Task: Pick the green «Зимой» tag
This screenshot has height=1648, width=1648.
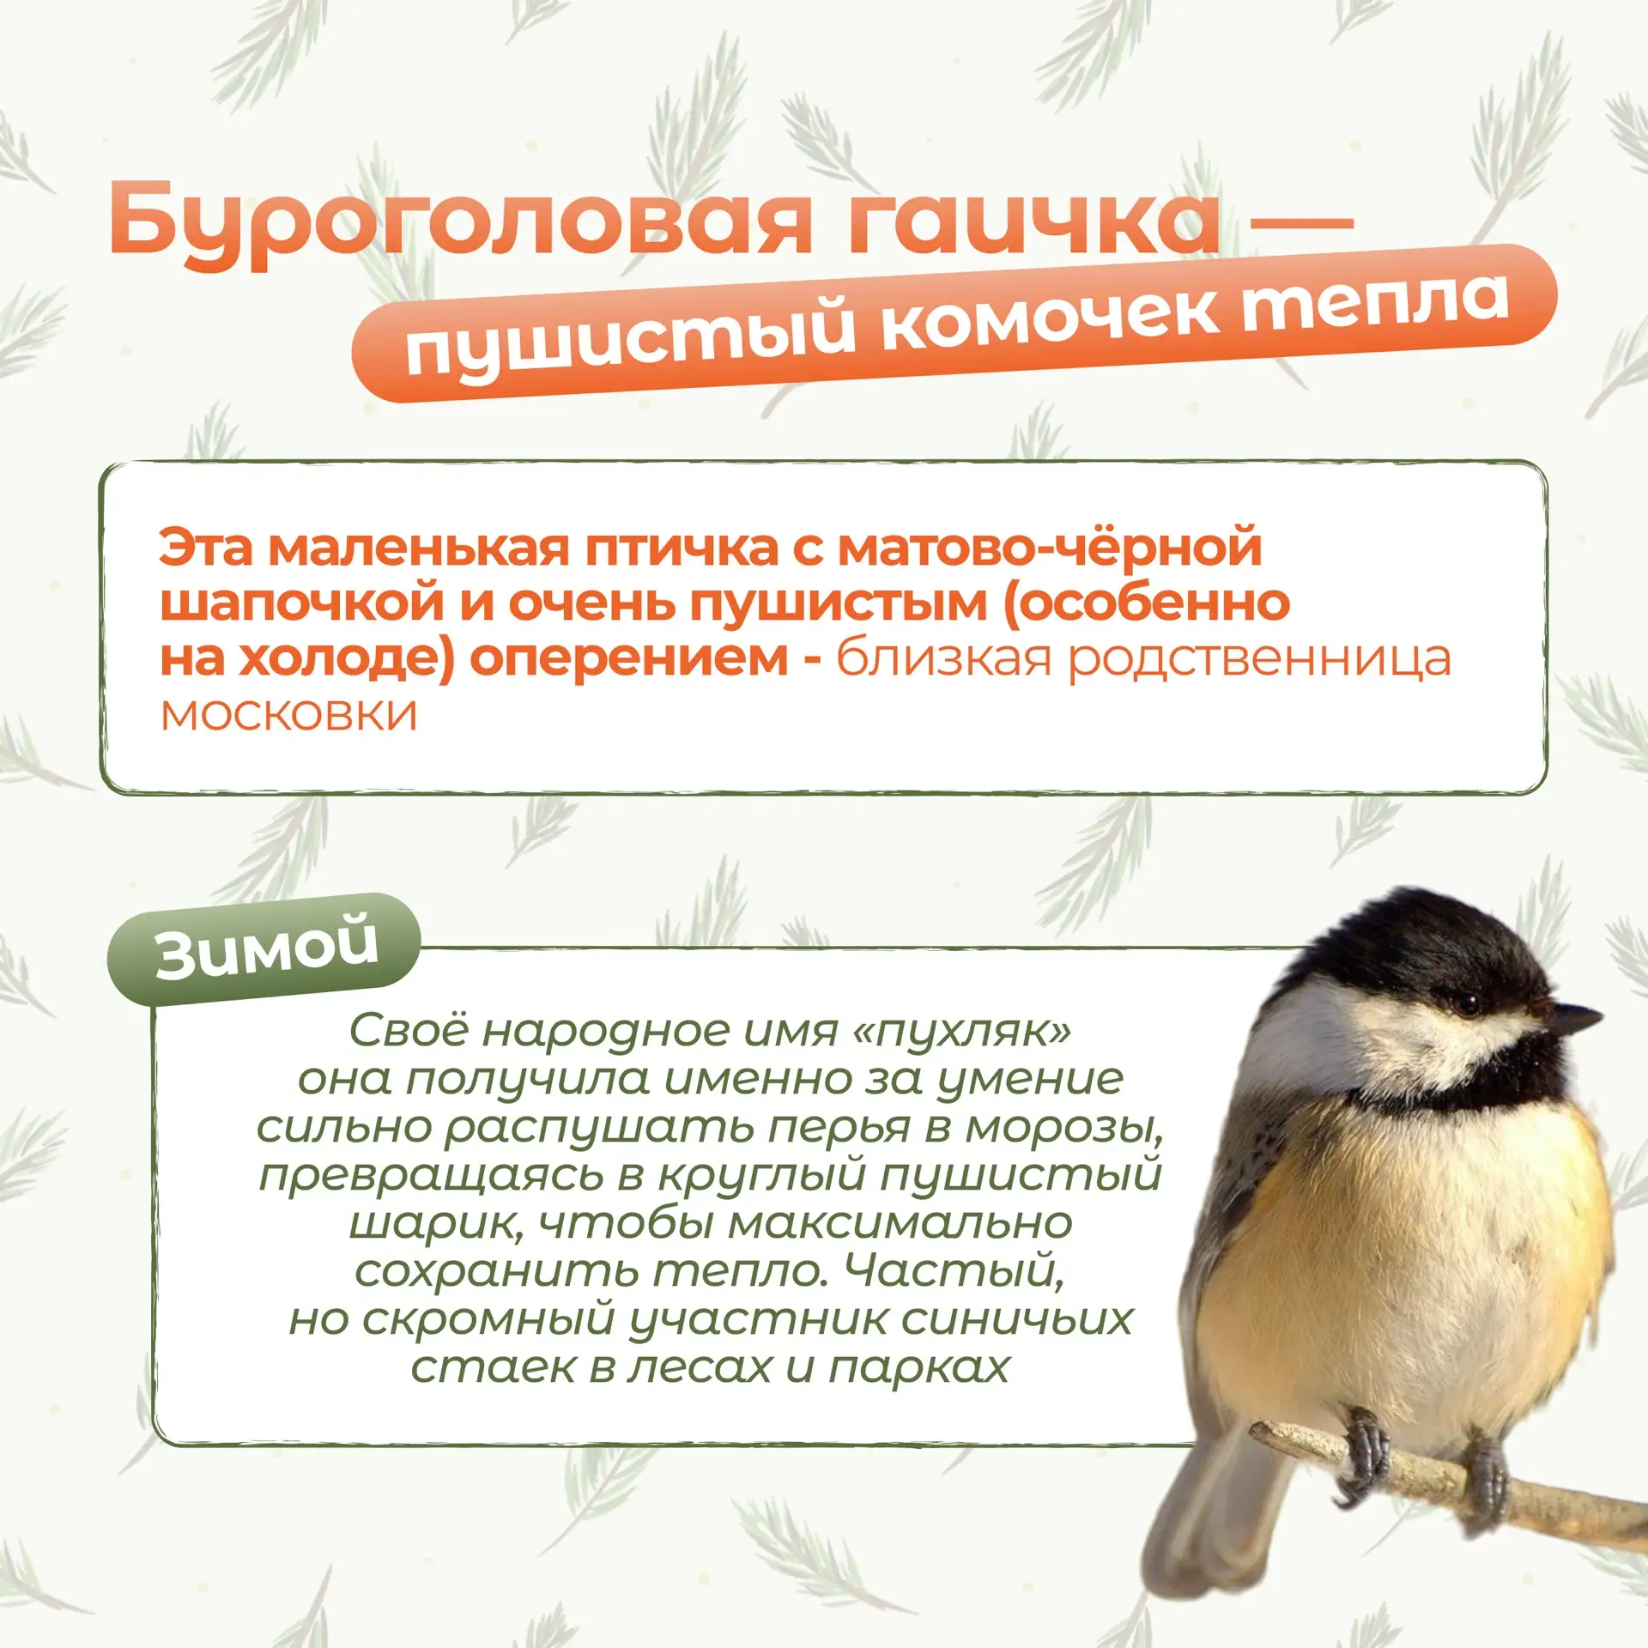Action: click(265, 948)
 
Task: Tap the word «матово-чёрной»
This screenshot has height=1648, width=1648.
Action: click(1050, 547)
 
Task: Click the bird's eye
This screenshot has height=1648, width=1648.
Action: click(1467, 1002)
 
